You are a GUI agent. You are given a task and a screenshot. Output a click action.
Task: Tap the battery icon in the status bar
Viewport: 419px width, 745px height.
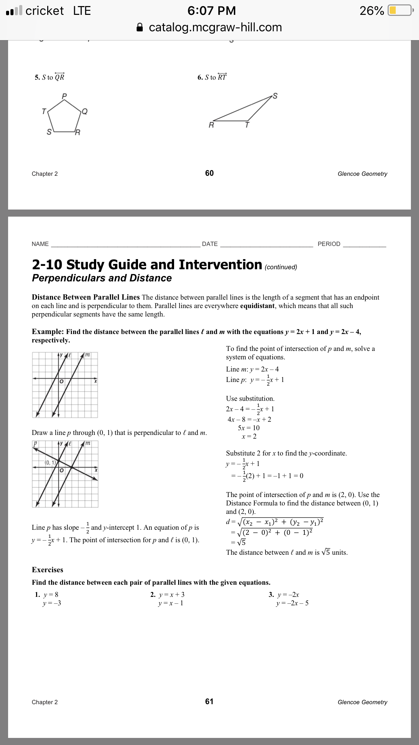(400, 10)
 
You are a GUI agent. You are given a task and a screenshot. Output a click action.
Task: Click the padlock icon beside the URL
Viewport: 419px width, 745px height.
(140, 27)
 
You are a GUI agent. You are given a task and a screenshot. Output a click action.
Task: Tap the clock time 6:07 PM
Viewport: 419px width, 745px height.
(212, 10)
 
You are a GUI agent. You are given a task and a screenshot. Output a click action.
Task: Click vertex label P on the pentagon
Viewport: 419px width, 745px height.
(64, 96)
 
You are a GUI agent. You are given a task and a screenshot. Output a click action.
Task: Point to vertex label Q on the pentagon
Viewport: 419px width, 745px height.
(85, 111)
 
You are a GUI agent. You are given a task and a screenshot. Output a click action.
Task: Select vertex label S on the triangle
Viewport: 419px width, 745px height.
(275, 96)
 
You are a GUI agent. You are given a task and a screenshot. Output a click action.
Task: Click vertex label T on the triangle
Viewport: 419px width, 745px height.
(247, 125)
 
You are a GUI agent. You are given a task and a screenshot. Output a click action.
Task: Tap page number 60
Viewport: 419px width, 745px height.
(209, 173)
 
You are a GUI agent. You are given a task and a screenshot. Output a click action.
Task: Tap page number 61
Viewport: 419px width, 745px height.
(209, 701)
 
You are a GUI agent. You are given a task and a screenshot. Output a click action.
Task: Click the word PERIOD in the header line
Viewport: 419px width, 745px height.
(329, 244)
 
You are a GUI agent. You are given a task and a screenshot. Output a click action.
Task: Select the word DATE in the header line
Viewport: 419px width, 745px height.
(210, 244)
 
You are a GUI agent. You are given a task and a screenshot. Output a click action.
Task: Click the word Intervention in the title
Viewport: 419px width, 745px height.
(220, 265)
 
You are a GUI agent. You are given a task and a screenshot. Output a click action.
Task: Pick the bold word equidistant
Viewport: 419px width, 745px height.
(257, 306)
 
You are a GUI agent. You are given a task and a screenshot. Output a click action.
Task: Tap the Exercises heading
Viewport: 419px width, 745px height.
(48, 570)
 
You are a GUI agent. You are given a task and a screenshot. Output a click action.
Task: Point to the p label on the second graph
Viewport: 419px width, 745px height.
(35, 443)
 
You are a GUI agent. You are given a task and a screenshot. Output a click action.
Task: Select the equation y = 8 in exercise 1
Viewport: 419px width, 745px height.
(51, 595)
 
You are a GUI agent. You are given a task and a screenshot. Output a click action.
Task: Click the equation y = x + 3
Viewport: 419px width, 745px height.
(172, 595)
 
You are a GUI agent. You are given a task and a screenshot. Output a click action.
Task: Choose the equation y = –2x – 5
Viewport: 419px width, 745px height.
(292, 603)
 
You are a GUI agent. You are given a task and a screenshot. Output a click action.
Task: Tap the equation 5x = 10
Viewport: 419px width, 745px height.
(249, 428)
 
